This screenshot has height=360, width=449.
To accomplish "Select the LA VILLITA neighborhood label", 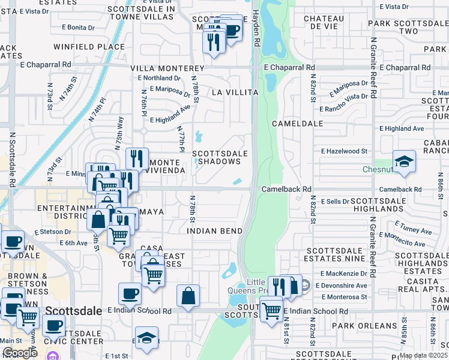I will (x=235, y=92).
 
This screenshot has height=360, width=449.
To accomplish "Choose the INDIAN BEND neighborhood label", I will (x=214, y=231).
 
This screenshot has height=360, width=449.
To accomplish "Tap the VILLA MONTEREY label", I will (x=168, y=69).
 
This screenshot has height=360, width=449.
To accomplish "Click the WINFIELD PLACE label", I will (x=89, y=46).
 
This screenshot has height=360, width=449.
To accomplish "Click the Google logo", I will (x=20, y=353).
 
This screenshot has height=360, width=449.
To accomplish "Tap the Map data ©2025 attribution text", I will (x=423, y=355).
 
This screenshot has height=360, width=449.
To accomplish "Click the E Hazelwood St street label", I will (x=344, y=152).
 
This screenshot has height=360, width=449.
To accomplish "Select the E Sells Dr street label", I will (x=334, y=201).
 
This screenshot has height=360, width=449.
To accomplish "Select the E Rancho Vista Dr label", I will (x=343, y=103).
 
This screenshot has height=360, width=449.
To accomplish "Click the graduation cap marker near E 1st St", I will (x=146, y=338).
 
